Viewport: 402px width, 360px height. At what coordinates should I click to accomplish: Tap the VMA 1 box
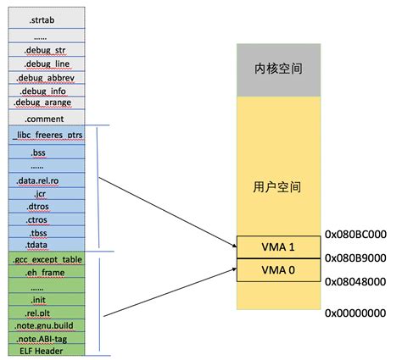279,247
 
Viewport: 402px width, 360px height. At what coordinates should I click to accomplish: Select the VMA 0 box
279,269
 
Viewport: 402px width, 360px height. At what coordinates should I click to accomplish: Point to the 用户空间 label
279,186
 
